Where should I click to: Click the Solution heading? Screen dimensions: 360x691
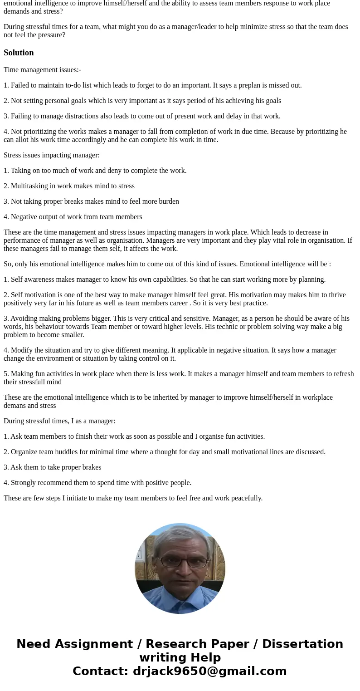pos(19,53)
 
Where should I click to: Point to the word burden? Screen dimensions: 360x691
pos(169,201)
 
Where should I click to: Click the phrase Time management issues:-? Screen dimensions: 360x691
pos(42,70)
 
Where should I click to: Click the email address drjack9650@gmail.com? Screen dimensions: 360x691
pos(209,671)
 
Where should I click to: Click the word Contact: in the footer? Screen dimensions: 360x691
pos(101,671)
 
